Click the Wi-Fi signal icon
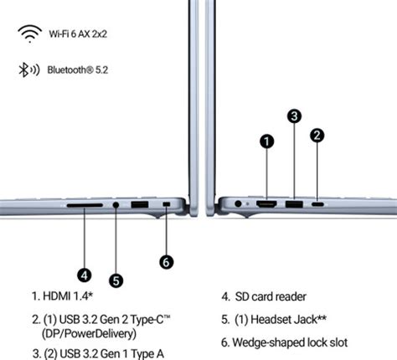pos(30,33)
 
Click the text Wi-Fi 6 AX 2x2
pos(78,34)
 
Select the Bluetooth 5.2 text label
pos(78,69)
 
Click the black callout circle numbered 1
pos(267,141)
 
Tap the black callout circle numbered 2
pos(317,136)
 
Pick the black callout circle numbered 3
pos(294,116)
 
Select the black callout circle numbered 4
pos(85,275)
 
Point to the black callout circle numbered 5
pos(116,280)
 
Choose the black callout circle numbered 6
pos(166,262)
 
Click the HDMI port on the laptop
pos(266,204)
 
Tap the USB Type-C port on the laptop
pos(317,204)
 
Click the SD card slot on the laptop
pos(85,205)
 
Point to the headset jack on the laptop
pos(116,205)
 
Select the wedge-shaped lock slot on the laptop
pos(167,204)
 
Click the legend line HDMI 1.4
pos(62,296)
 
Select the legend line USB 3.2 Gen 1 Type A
pos(98,353)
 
